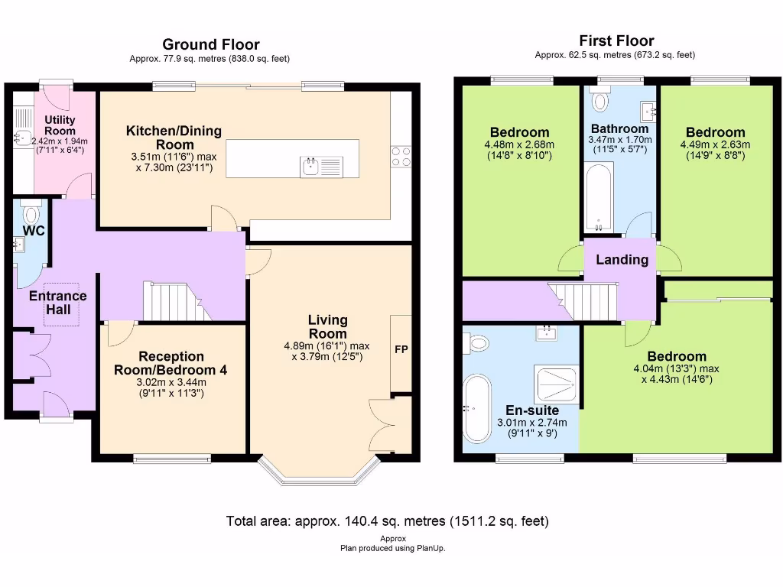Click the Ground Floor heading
211,44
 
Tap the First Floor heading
616,41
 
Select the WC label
34,231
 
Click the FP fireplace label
401,349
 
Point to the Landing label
622,260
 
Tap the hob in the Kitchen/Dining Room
401,157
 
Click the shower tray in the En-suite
557,385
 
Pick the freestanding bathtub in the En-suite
477,408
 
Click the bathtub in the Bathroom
598,198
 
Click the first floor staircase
583,301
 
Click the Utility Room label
60,125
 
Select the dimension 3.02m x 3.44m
171,382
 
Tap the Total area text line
388,521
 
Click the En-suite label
532,410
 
